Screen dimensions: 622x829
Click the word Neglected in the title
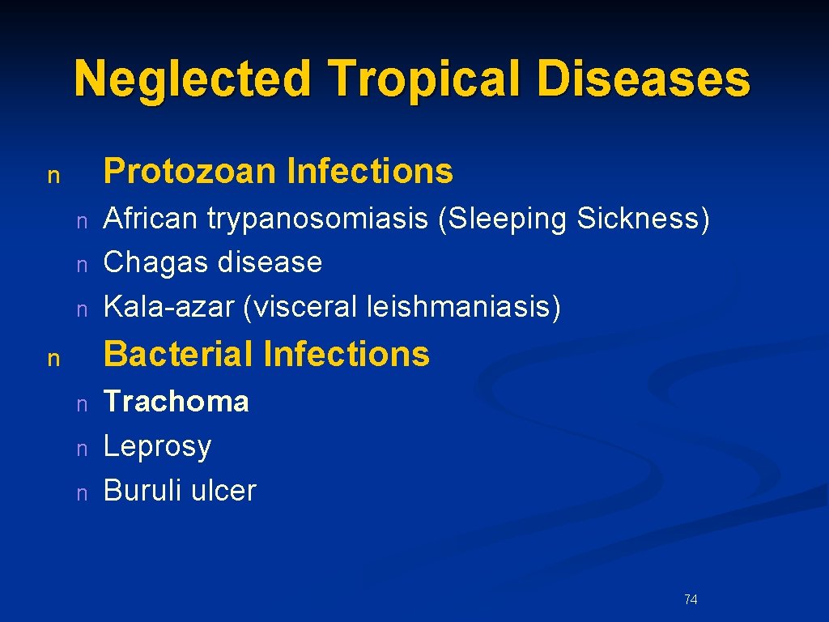click(x=193, y=79)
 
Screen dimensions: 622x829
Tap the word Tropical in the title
click(x=427, y=79)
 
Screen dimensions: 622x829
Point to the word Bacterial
click(x=178, y=354)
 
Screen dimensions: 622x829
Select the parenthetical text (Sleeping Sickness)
click(x=574, y=219)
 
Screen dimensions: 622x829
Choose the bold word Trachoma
click(x=176, y=401)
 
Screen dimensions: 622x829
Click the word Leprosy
click(x=158, y=446)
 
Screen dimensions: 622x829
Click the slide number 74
click(x=691, y=600)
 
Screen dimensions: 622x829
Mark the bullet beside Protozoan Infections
click(x=53, y=175)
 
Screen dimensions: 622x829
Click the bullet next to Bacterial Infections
click(x=53, y=358)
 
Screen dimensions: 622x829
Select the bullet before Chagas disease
click(x=81, y=265)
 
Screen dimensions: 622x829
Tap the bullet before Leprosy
click(x=81, y=448)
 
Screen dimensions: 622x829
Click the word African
click(x=151, y=219)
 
